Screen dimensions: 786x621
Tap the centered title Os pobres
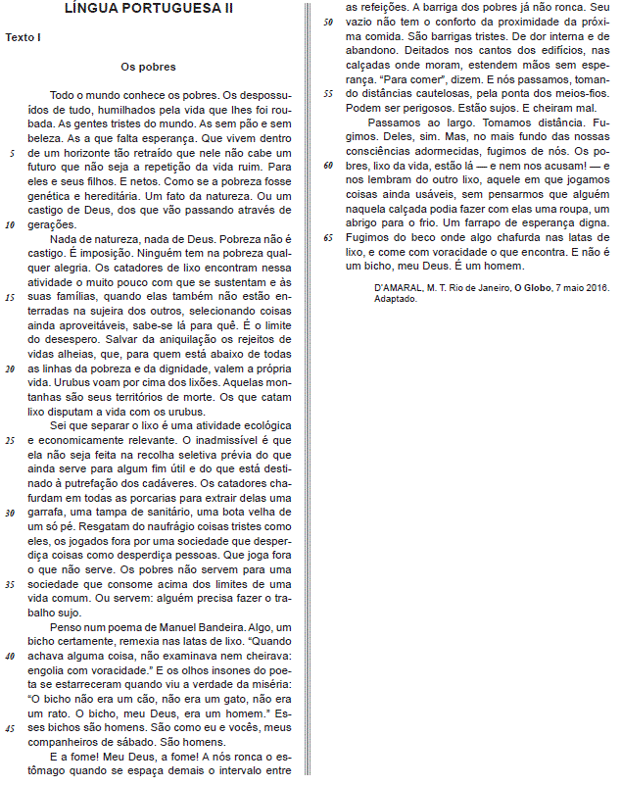click(148, 67)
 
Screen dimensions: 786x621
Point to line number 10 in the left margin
click(10, 224)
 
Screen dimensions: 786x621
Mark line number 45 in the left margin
click(10, 729)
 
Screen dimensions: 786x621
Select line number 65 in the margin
click(328, 237)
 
